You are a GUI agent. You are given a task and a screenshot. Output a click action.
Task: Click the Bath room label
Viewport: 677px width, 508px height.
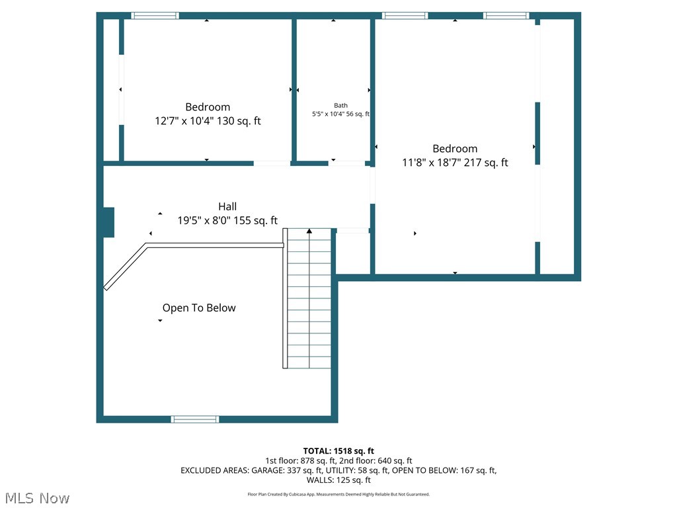tap(340, 105)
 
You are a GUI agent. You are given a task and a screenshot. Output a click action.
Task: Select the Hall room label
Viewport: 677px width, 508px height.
tap(227, 206)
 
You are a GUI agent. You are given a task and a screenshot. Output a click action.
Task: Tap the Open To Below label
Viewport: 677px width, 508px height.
tap(199, 308)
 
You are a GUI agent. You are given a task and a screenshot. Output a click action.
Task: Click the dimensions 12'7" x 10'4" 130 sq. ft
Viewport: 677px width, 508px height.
tap(208, 121)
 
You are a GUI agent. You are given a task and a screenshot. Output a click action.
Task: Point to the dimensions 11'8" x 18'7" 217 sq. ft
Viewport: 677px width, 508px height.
tap(455, 163)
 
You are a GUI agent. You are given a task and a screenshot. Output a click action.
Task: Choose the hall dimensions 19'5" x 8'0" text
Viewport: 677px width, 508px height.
tap(227, 221)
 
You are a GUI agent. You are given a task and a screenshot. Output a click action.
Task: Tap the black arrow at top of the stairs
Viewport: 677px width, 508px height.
tap(309, 231)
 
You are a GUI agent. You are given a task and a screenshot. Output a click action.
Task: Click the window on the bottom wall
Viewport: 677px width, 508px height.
tap(194, 419)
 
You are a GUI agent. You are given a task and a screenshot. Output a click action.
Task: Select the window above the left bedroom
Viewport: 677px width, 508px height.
tap(155, 15)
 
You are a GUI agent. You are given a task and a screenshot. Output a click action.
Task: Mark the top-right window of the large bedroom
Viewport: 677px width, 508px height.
tap(506, 15)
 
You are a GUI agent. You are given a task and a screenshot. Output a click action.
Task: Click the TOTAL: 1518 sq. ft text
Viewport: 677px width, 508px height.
tap(338, 451)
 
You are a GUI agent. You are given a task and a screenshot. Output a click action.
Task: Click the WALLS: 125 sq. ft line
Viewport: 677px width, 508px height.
tap(338, 480)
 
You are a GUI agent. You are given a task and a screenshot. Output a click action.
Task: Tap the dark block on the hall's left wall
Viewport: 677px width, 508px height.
tap(108, 222)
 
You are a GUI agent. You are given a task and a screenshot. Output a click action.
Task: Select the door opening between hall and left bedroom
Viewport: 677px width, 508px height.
tap(272, 163)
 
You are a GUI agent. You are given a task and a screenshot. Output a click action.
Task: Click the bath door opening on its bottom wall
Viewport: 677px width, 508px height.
tap(347, 163)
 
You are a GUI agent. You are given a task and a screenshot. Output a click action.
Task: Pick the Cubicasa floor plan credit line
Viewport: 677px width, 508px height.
tap(338, 494)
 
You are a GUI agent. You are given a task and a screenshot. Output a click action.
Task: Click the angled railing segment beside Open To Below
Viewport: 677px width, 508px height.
tap(126, 267)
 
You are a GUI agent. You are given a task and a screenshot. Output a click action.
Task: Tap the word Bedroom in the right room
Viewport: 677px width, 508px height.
tap(455, 149)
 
